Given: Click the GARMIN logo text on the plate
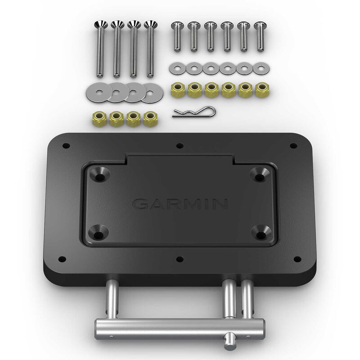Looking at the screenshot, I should click(180, 205).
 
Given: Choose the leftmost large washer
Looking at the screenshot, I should click(95, 91).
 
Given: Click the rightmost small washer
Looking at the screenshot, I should click(260, 68).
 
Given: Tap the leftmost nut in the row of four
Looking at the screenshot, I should click(100, 119).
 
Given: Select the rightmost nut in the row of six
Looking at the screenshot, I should click(261, 89).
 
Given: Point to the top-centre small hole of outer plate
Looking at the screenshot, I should click(180, 145).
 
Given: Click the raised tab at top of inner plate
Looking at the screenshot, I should click(180, 158).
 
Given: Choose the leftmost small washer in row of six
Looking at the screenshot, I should click(176, 68).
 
